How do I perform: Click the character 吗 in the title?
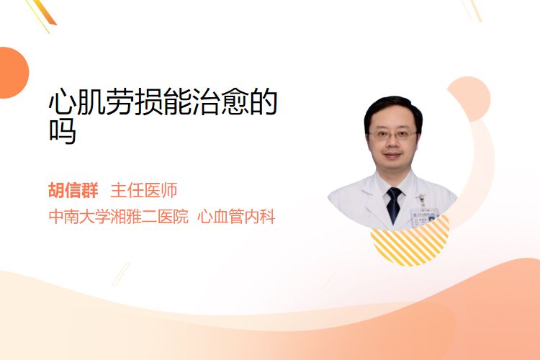63,131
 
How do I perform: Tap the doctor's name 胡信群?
73,190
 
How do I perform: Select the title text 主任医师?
144,190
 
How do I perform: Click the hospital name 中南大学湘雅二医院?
119,217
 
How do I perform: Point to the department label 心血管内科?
236,217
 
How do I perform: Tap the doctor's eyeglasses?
392,135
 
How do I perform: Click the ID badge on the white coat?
424,215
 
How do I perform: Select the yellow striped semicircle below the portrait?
410,241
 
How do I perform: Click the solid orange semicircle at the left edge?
13,73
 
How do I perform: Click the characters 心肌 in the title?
77,102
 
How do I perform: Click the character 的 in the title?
264,102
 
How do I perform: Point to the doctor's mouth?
392,156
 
